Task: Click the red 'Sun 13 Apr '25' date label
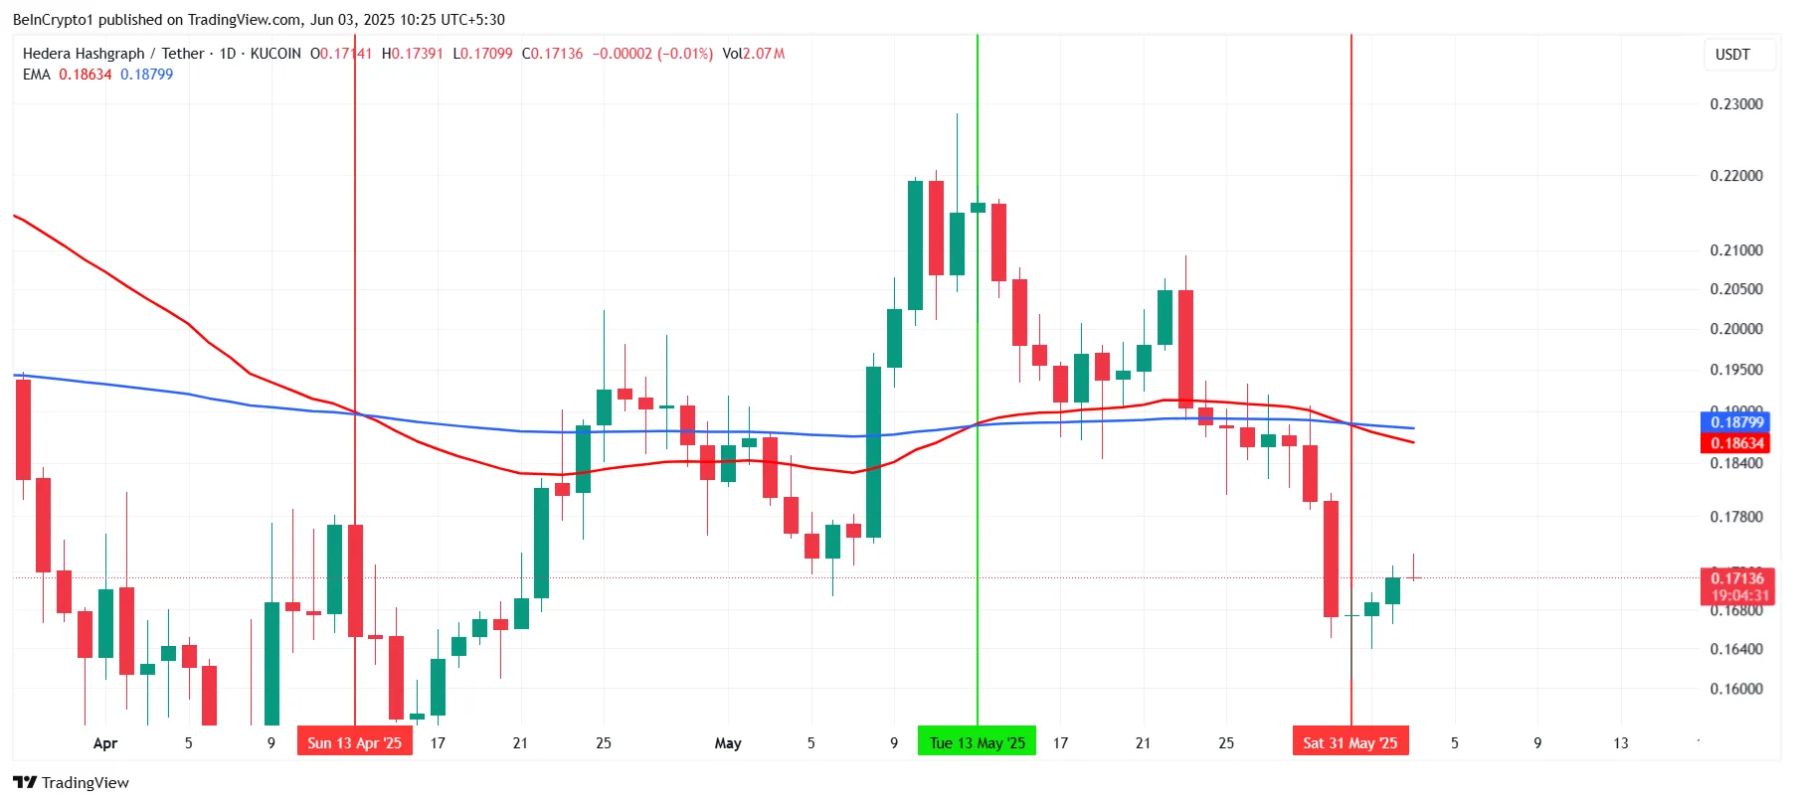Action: [x=354, y=742]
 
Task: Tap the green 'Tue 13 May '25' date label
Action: [x=977, y=742]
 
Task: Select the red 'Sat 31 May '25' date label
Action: [x=1349, y=742]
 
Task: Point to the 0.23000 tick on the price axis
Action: [x=1735, y=104]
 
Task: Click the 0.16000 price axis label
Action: [x=1735, y=689]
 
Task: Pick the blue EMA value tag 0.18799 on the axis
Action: [x=1736, y=422]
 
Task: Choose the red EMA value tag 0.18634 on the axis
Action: [x=1736, y=443]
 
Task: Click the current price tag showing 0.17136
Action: [x=1736, y=578]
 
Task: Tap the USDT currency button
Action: [x=1732, y=55]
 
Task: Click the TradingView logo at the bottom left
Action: [x=71, y=782]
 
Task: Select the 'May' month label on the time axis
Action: [x=728, y=742]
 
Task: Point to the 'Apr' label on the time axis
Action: [x=104, y=742]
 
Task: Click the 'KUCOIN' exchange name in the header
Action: [x=275, y=54]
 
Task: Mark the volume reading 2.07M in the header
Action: [x=764, y=54]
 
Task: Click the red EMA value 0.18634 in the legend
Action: [x=85, y=75]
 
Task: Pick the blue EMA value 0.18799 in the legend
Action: [x=146, y=75]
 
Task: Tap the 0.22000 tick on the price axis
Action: [x=1735, y=176]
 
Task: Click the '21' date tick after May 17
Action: [x=1143, y=742]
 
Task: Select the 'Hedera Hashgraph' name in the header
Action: [x=84, y=54]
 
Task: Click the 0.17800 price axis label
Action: [x=1735, y=517]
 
